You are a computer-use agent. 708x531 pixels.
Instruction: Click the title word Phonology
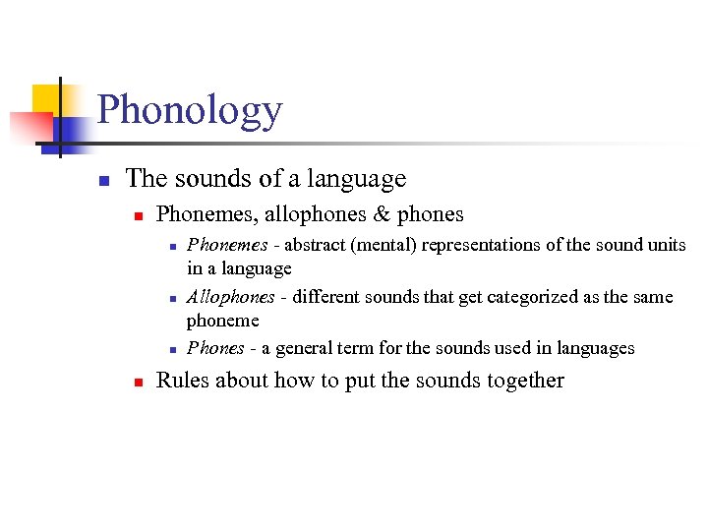(x=190, y=111)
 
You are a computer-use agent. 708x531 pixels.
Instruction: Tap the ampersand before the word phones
(x=382, y=213)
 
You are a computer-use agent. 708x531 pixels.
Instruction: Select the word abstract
(x=313, y=245)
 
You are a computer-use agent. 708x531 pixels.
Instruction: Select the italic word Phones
(x=215, y=348)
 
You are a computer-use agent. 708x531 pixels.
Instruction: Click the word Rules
(x=183, y=381)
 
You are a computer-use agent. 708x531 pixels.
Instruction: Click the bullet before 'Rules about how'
(x=139, y=382)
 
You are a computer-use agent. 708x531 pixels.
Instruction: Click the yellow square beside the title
(x=49, y=99)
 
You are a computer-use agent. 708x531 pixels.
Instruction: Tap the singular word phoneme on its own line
(x=222, y=321)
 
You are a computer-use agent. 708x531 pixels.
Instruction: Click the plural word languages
(x=596, y=348)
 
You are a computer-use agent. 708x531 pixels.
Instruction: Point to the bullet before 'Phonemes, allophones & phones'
(x=139, y=214)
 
